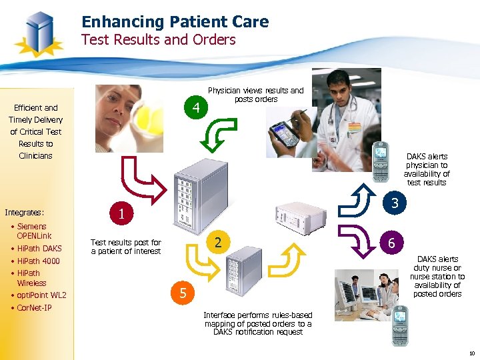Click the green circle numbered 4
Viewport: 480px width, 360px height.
[x=195, y=107]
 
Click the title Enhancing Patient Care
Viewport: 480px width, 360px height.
[x=175, y=22]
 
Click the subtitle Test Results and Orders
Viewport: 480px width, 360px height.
[x=158, y=40]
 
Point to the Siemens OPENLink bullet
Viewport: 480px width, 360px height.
[x=33, y=231]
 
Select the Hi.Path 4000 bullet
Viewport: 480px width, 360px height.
[x=38, y=261]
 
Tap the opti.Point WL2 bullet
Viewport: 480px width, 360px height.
[x=41, y=295]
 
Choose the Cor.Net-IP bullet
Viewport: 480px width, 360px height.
[x=34, y=308]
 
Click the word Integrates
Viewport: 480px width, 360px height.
[x=24, y=213]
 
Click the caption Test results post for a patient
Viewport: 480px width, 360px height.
[x=125, y=247]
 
